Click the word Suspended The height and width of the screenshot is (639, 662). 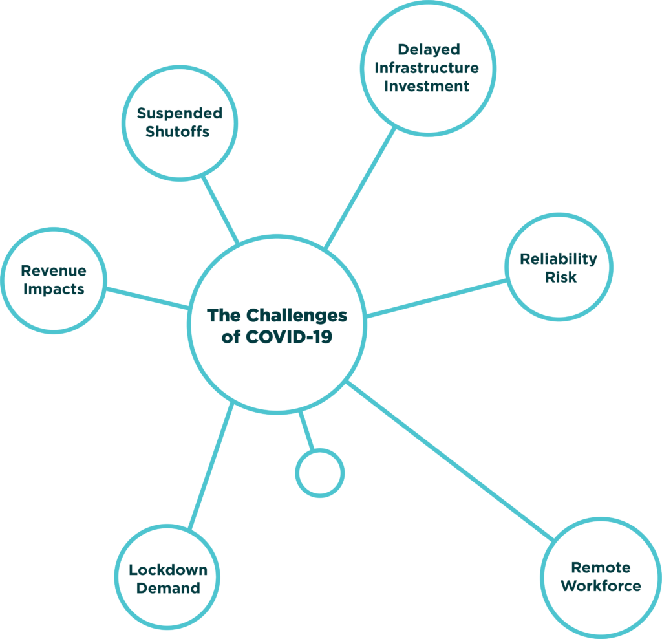(179, 114)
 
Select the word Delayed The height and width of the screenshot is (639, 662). (428, 49)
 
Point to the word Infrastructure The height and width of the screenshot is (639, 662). (427, 67)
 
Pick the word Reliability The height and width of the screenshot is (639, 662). (559, 259)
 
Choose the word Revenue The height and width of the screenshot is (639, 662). (54, 270)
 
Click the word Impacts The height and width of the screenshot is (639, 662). (54, 288)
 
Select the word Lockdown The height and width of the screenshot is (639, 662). (168, 570)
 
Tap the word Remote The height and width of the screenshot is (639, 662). (601, 567)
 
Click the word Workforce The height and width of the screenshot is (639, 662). (601, 586)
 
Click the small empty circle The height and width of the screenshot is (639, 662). (320, 473)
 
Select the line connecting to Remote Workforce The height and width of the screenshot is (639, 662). (449, 460)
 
